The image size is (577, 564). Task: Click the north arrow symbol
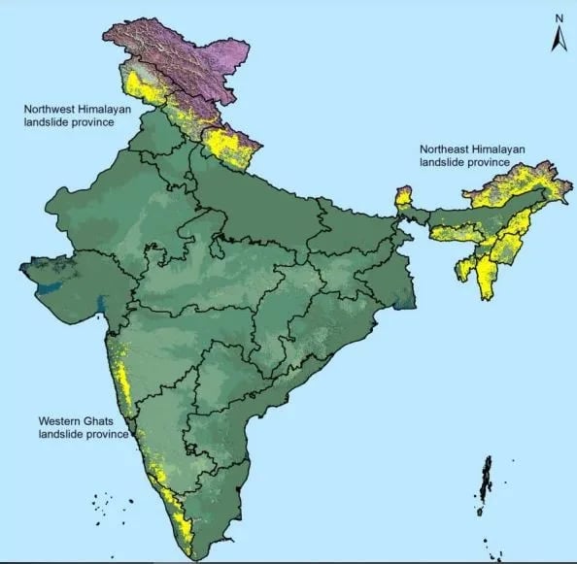click(559, 39)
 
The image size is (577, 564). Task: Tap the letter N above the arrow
click(559, 18)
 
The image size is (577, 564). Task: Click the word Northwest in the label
click(50, 111)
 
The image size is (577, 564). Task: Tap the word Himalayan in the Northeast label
click(498, 149)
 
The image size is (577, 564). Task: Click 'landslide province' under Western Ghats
click(83, 434)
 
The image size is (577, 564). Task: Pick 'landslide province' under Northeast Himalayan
click(465, 162)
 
